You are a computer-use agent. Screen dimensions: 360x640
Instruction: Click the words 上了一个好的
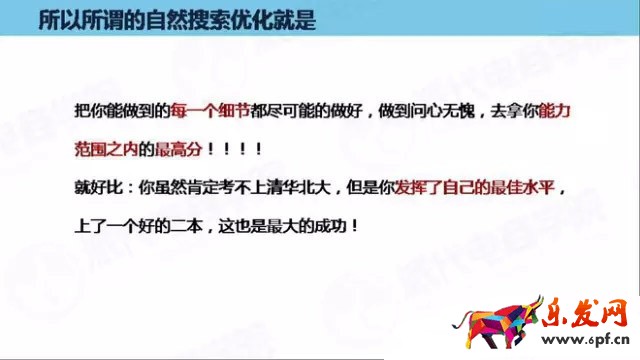(133, 225)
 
